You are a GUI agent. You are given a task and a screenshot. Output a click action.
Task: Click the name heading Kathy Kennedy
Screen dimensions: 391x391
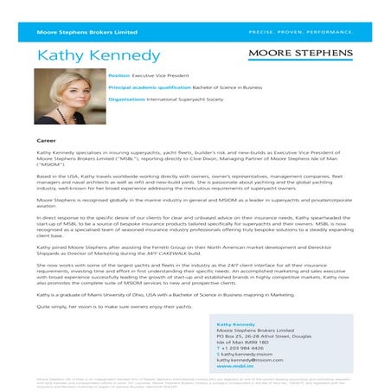coord(99,56)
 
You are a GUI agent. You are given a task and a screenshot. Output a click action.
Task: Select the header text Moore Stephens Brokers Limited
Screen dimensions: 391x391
coord(74,31)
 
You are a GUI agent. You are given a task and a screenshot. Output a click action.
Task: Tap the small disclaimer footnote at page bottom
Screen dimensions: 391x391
coord(195,381)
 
